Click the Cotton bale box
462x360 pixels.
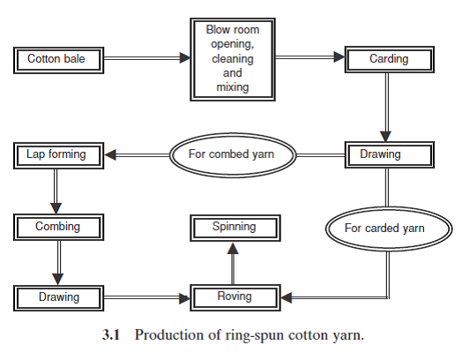[56, 60]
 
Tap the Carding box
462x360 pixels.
[388, 60]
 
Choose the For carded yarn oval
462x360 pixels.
[384, 229]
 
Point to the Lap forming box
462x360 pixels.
[56, 155]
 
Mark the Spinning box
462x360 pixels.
[234, 228]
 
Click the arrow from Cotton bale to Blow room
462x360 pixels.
[145, 59]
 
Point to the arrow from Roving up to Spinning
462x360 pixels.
[234, 263]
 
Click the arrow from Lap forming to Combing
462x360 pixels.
[56, 191]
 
